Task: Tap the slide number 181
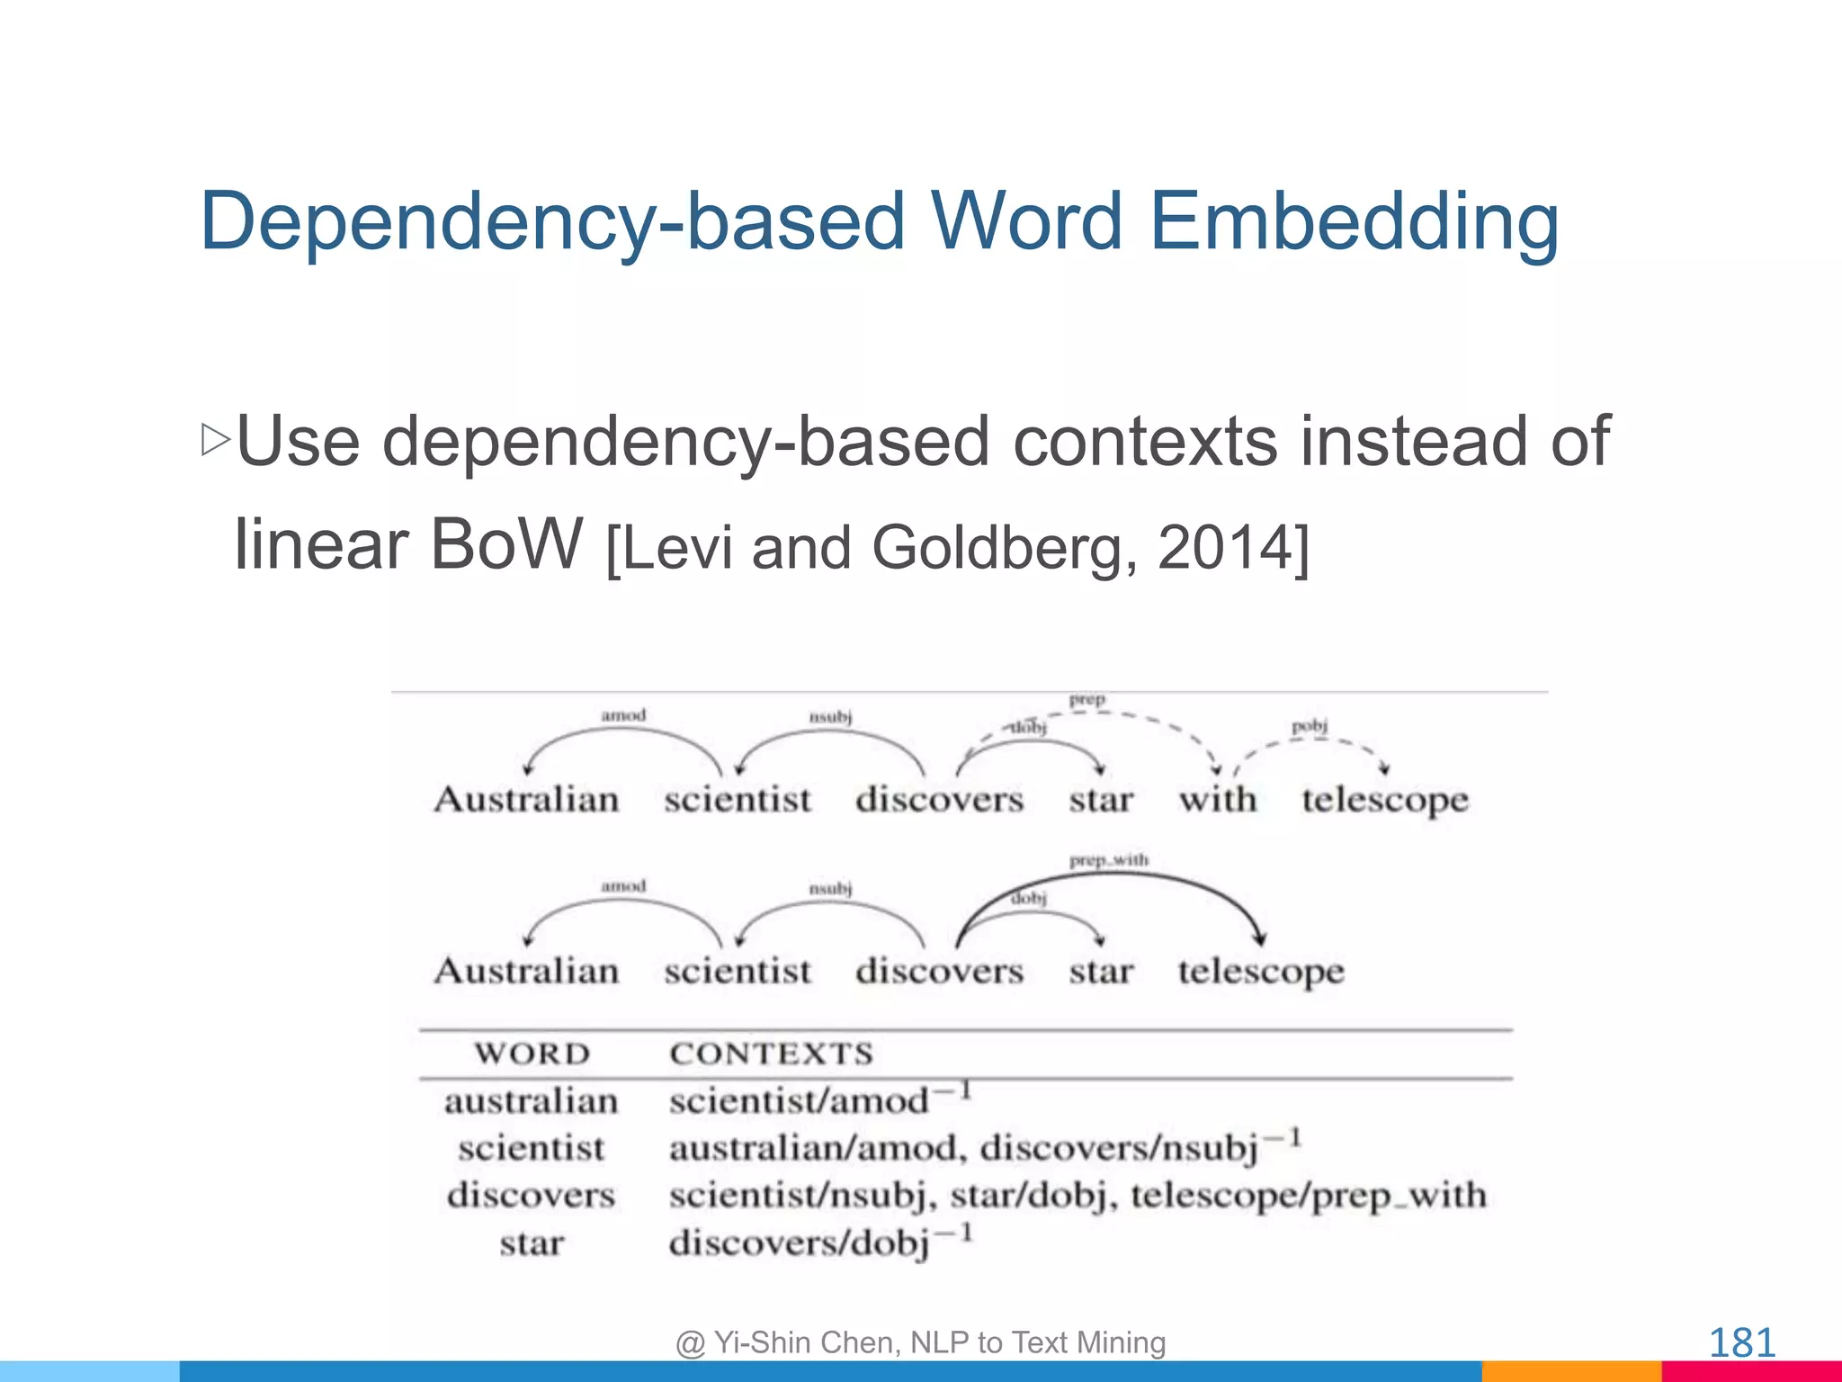[x=1741, y=1343]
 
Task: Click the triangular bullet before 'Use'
[x=216, y=440]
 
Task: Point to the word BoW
[x=506, y=544]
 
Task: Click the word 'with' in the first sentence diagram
[x=1218, y=799]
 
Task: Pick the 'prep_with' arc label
[x=1108, y=860]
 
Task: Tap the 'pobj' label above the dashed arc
[x=1310, y=725]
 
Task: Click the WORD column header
[x=532, y=1054]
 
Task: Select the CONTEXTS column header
[x=772, y=1054]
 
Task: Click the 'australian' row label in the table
[x=532, y=1101]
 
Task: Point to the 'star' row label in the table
[x=532, y=1244]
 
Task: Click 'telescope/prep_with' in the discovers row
[x=1309, y=1196]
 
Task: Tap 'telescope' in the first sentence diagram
[x=1385, y=800]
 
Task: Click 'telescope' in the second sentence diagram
[x=1261, y=972]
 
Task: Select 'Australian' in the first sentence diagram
[x=527, y=799]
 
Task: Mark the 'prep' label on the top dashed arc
[x=1086, y=699]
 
